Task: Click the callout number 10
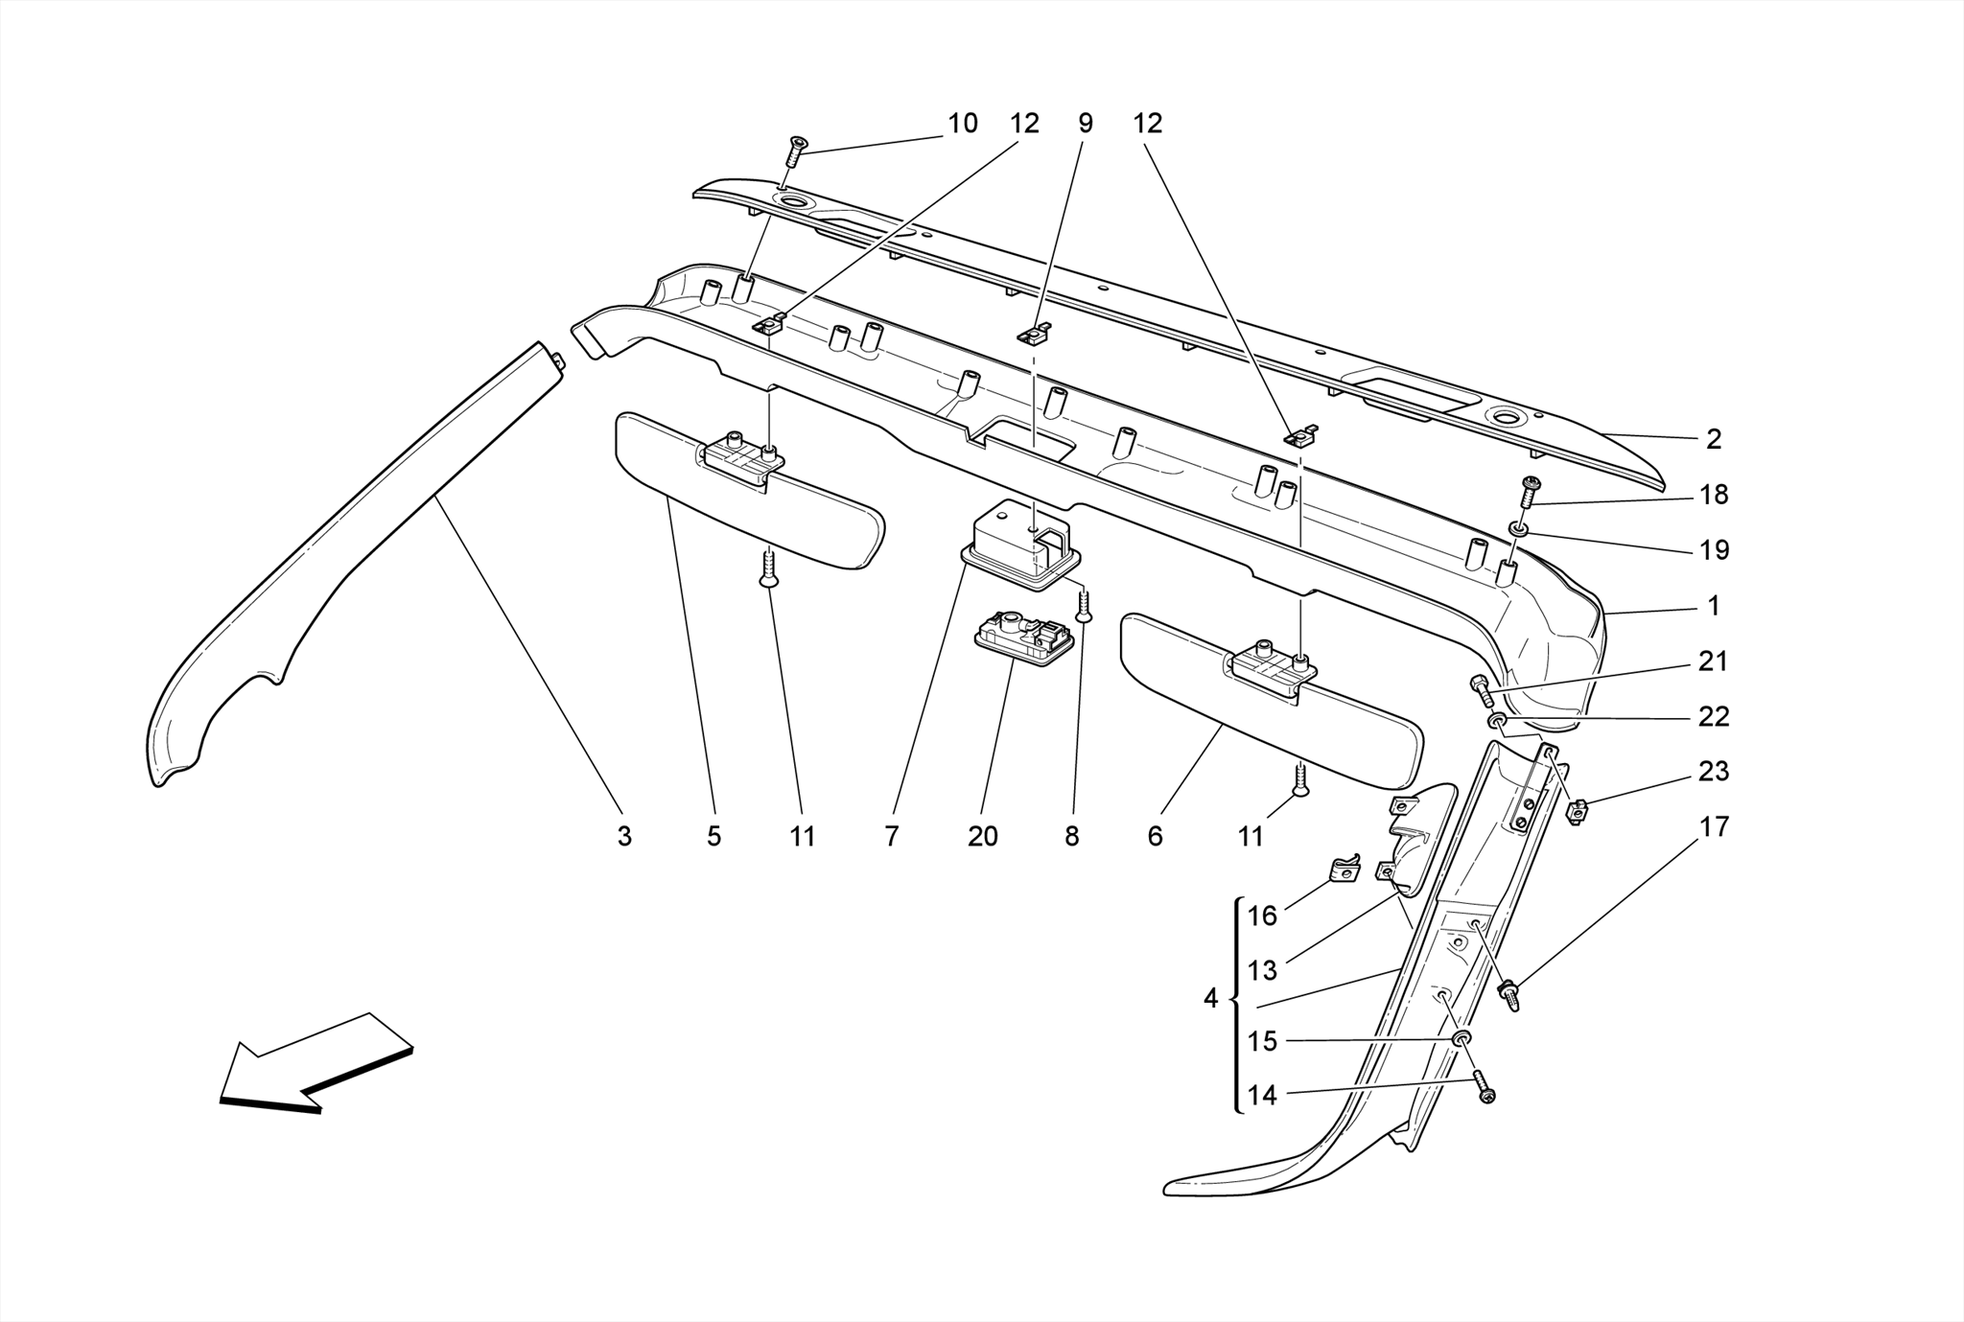click(x=962, y=124)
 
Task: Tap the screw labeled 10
click(x=796, y=150)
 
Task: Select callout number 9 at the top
click(x=1085, y=124)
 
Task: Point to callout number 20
click(x=982, y=837)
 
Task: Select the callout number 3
click(x=624, y=837)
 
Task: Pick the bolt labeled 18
click(x=1529, y=491)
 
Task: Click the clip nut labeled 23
click(x=1575, y=813)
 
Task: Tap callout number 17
click(x=1714, y=826)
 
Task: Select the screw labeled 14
click(x=1485, y=1088)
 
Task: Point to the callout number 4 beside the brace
click(x=1210, y=999)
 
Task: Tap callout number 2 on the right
click(x=1714, y=439)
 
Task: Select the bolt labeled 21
click(x=1481, y=688)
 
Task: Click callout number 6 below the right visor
click(x=1155, y=837)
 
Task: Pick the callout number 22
click(x=1714, y=716)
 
